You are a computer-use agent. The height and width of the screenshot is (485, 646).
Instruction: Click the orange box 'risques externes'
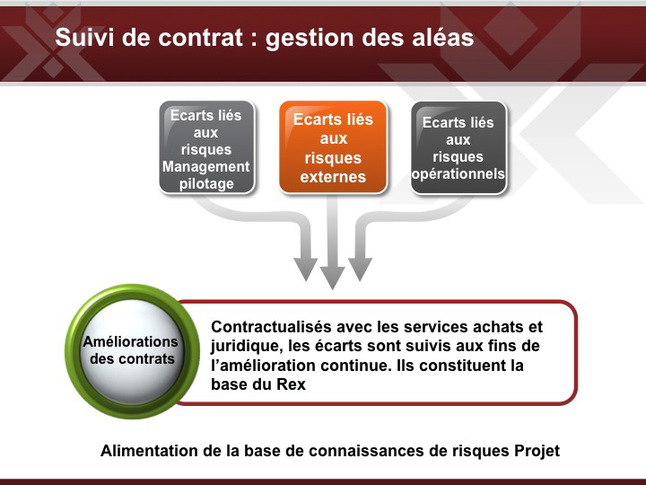[x=333, y=147]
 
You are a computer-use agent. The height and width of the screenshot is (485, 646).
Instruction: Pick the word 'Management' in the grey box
[x=206, y=167]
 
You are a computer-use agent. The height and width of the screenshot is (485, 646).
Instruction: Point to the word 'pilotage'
[x=206, y=184]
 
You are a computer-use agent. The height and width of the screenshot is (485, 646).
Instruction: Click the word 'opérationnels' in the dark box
[x=458, y=174]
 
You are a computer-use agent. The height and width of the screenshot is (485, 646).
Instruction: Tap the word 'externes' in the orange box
[x=333, y=177]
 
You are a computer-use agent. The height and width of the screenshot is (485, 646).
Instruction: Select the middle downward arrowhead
[x=333, y=278]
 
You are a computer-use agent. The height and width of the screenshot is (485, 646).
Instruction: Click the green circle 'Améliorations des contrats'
[x=132, y=351]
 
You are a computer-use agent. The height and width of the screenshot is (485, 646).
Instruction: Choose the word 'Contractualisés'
[x=272, y=327]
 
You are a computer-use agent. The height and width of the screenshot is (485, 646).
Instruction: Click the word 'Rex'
[x=291, y=384]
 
